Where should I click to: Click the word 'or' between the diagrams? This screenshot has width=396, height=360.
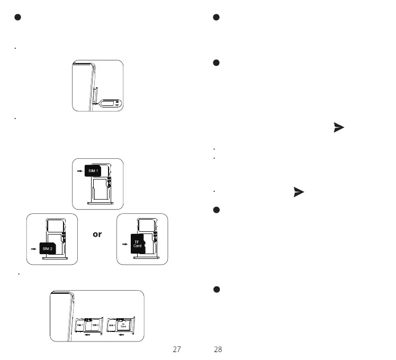coord(97,234)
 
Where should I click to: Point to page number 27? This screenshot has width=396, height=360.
coord(177,349)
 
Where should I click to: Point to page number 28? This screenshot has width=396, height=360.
coord(218,349)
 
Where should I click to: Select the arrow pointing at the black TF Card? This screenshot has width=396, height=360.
coord(124,244)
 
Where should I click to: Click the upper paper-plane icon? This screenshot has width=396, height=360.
coord(338,128)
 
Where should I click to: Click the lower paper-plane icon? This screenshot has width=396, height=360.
coord(299,192)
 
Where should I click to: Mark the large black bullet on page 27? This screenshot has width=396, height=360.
coord(17,17)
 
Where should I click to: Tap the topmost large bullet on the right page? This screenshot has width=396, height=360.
coord(216,17)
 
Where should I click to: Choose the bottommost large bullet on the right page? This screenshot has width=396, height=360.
coord(216,290)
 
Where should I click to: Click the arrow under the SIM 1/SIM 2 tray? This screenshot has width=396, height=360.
coord(88,335)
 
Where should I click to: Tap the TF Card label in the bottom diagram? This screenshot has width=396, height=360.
coord(123,326)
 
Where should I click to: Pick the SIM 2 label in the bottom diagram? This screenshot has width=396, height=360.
coord(95,325)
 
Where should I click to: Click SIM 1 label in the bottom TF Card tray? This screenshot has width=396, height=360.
coord(112,325)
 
